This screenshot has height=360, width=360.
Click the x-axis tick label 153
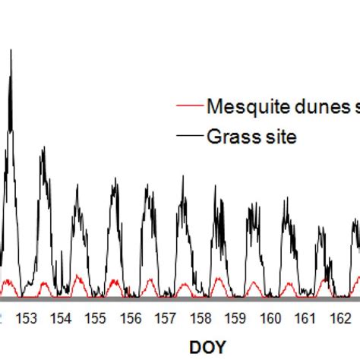[26, 317]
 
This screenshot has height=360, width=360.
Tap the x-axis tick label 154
[61, 317]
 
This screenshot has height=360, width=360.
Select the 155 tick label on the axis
[96, 317]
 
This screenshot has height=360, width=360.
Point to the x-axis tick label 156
[131, 317]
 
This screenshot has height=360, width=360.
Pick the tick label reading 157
[166, 317]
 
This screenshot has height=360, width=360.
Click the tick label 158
[201, 317]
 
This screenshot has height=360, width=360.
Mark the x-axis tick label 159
[235, 317]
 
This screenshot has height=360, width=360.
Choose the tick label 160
[270, 317]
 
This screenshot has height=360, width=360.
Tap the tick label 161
[305, 317]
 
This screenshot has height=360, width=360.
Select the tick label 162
[340, 317]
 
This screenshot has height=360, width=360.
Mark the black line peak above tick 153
[43, 149]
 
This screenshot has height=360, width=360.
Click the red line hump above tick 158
[217, 279]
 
